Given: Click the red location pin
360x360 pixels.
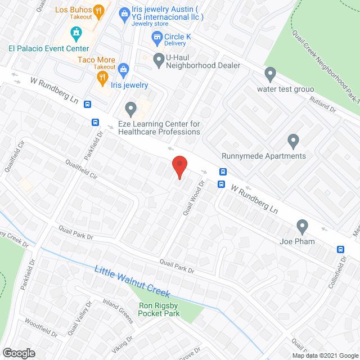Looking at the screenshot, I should coord(179,166).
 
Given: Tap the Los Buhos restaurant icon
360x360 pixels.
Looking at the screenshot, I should coord(99,10).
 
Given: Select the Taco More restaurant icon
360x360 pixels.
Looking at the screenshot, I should coord(102,76).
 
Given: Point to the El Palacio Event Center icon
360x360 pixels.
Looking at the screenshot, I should coord(75,34).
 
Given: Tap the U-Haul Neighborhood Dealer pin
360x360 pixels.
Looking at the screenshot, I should coord(158,57).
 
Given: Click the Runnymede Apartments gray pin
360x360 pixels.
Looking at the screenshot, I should coord(292,140).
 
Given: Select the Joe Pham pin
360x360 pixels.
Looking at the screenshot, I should coord(303,227).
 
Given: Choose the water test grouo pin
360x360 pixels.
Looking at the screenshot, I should coord(271,73).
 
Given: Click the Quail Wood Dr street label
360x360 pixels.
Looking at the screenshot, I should coord(191,197).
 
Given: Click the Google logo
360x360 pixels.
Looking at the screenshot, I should coord(18,353).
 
